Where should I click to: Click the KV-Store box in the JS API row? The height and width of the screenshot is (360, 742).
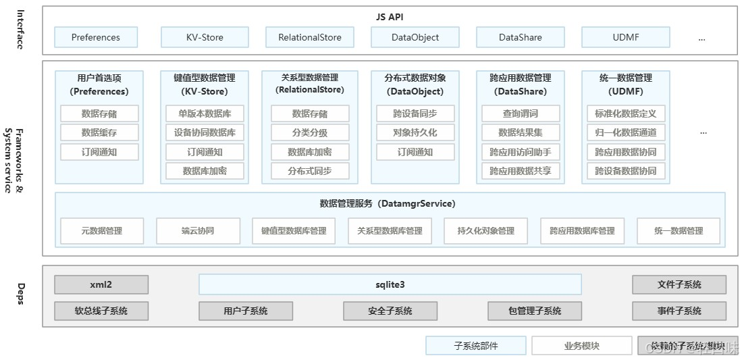205,37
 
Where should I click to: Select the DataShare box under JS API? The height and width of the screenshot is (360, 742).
520,37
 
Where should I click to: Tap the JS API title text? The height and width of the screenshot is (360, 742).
390,17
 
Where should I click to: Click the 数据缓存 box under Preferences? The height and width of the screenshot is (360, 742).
99,132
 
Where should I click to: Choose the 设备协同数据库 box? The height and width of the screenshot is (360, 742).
205,132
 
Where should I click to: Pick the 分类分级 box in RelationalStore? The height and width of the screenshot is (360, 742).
310,132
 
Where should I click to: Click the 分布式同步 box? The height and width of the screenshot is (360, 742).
310,171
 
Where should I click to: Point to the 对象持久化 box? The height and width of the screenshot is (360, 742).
415,132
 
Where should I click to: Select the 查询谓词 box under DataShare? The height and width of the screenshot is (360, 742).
520,113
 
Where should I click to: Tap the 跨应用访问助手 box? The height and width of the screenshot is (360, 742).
520,152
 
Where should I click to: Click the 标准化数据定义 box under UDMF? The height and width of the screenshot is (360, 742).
625,113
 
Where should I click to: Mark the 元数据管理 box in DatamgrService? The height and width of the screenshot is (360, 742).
102,230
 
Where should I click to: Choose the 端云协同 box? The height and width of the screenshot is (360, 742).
198,230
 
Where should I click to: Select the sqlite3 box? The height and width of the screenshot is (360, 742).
390,284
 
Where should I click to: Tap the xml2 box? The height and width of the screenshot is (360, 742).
101,284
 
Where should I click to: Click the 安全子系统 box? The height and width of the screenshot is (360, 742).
390,311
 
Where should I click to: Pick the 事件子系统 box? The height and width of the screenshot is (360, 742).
679,311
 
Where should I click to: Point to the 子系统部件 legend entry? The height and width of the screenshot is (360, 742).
475,346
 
